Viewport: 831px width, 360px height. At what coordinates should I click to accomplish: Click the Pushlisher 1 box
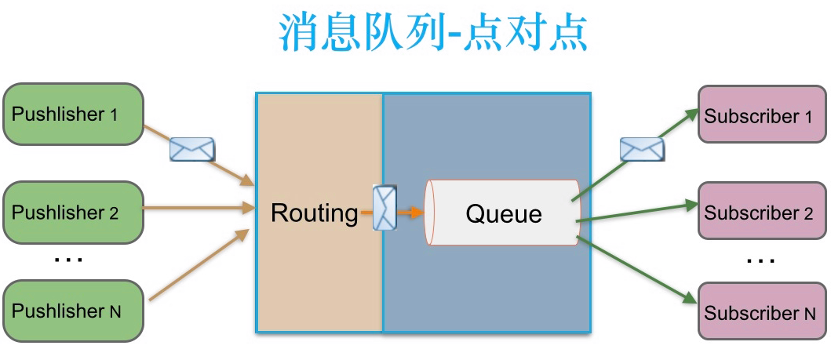tap(74, 115)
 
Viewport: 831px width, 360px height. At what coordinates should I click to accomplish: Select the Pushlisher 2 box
tap(74, 212)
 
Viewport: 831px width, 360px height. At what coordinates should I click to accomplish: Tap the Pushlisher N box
tap(74, 311)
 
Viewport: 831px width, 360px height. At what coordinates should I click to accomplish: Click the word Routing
tap(314, 213)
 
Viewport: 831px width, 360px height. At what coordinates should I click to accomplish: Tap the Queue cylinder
tap(503, 213)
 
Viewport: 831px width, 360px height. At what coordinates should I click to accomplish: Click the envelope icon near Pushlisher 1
tap(192, 147)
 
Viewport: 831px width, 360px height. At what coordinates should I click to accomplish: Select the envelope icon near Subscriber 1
tap(641, 148)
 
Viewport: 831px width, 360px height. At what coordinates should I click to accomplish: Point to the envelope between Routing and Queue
tap(385, 209)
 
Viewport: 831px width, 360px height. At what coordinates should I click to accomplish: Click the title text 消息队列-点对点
tap(433, 32)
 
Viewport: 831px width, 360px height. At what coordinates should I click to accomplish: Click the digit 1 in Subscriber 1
tap(808, 118)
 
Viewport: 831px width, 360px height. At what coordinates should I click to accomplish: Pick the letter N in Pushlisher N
tap(115, 311)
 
